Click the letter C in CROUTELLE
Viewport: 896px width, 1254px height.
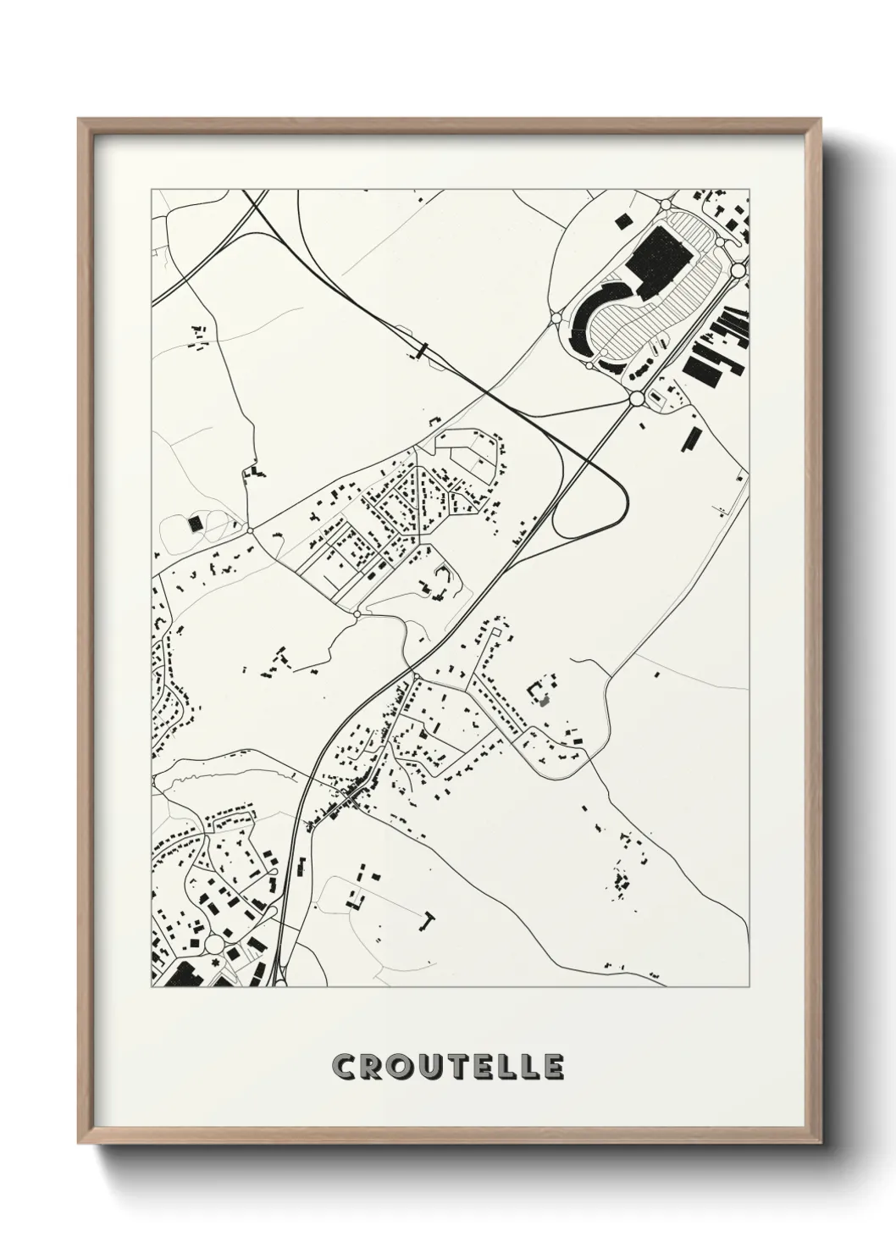pyautogui.click(x=345, y=1067)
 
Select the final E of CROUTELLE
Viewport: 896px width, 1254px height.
pyautogui.click(x=552, y=1067)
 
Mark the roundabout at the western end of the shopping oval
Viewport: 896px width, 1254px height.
pyautogui.click(x=556, y=318)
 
